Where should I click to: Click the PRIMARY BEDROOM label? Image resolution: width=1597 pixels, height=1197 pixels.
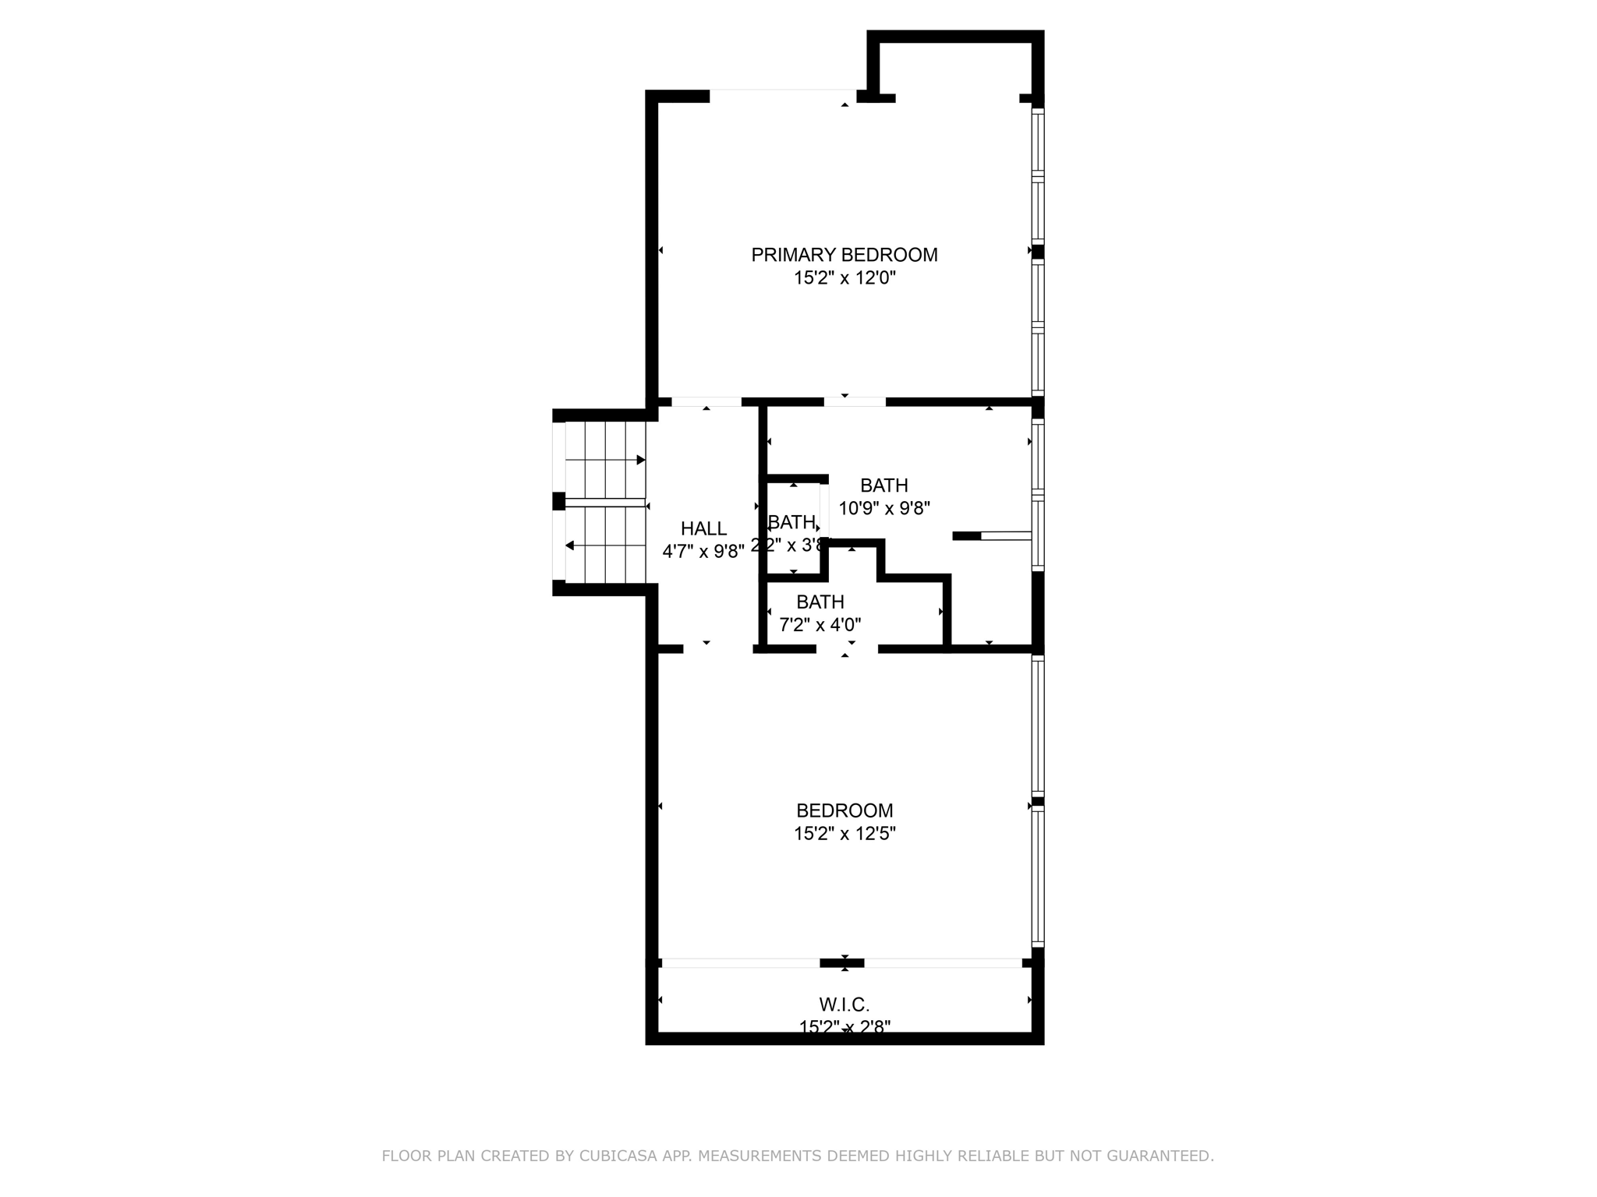tap(844, 255)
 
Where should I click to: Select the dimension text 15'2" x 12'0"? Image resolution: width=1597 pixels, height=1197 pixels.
tap(845, 278)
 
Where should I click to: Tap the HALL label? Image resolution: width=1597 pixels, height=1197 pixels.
tap(703, 528)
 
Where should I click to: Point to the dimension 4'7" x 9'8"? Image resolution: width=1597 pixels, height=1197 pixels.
tap(703, 552)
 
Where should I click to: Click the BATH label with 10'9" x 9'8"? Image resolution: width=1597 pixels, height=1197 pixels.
tap(883, 486)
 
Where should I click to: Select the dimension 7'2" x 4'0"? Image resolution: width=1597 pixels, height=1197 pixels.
tap(820, 624)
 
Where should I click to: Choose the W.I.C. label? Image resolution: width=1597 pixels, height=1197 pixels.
tap(844, 1005)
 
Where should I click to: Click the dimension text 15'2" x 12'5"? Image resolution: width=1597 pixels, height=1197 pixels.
tap(845, 834)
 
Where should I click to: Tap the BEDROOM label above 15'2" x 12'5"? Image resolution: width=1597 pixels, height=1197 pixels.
tap(844, 810)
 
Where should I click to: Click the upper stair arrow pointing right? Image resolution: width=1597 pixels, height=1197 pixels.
tap(640, 460)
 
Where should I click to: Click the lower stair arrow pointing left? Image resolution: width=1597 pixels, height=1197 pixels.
tap(570, 546)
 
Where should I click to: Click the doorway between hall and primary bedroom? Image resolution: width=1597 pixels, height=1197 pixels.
tap(706, 402)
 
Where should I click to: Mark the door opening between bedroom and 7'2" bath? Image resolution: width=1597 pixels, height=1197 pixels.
tap(847, 648)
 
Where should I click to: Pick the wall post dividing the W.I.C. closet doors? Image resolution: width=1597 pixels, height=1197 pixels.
tap(842, 963)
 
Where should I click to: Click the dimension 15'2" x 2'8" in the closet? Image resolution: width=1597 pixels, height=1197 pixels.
tap(845, 1027)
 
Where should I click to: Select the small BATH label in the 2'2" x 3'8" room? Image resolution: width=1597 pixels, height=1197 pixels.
tap(791, 522)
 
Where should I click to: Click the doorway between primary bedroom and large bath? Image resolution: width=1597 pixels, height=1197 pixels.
tap(855, 402)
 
